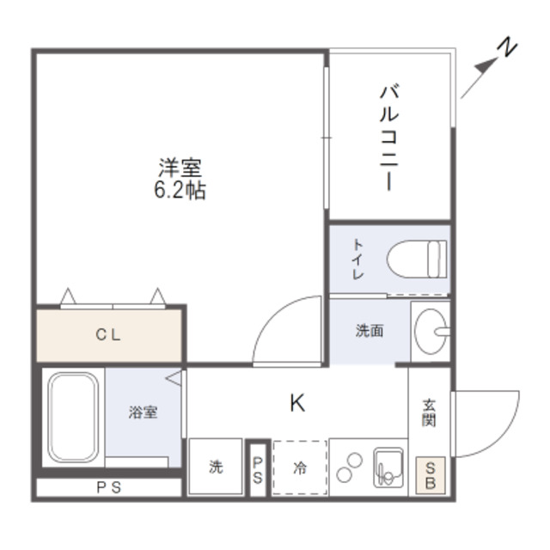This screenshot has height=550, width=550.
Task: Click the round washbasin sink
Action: tap(429, 329)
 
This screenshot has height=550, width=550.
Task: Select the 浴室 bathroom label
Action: tap(143, 412)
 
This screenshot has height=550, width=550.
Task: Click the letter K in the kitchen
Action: tap(297, 402)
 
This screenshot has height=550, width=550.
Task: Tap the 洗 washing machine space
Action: tap(215, 467)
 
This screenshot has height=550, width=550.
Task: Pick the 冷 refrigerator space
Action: tap(300, 467)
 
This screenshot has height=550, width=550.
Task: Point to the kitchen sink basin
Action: tap(386, 468)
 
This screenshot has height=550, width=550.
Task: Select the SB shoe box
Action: tap(431, 475)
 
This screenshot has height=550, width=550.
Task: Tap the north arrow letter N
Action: tap(508, 48)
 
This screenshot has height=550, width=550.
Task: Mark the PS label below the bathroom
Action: tap(108, 487)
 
